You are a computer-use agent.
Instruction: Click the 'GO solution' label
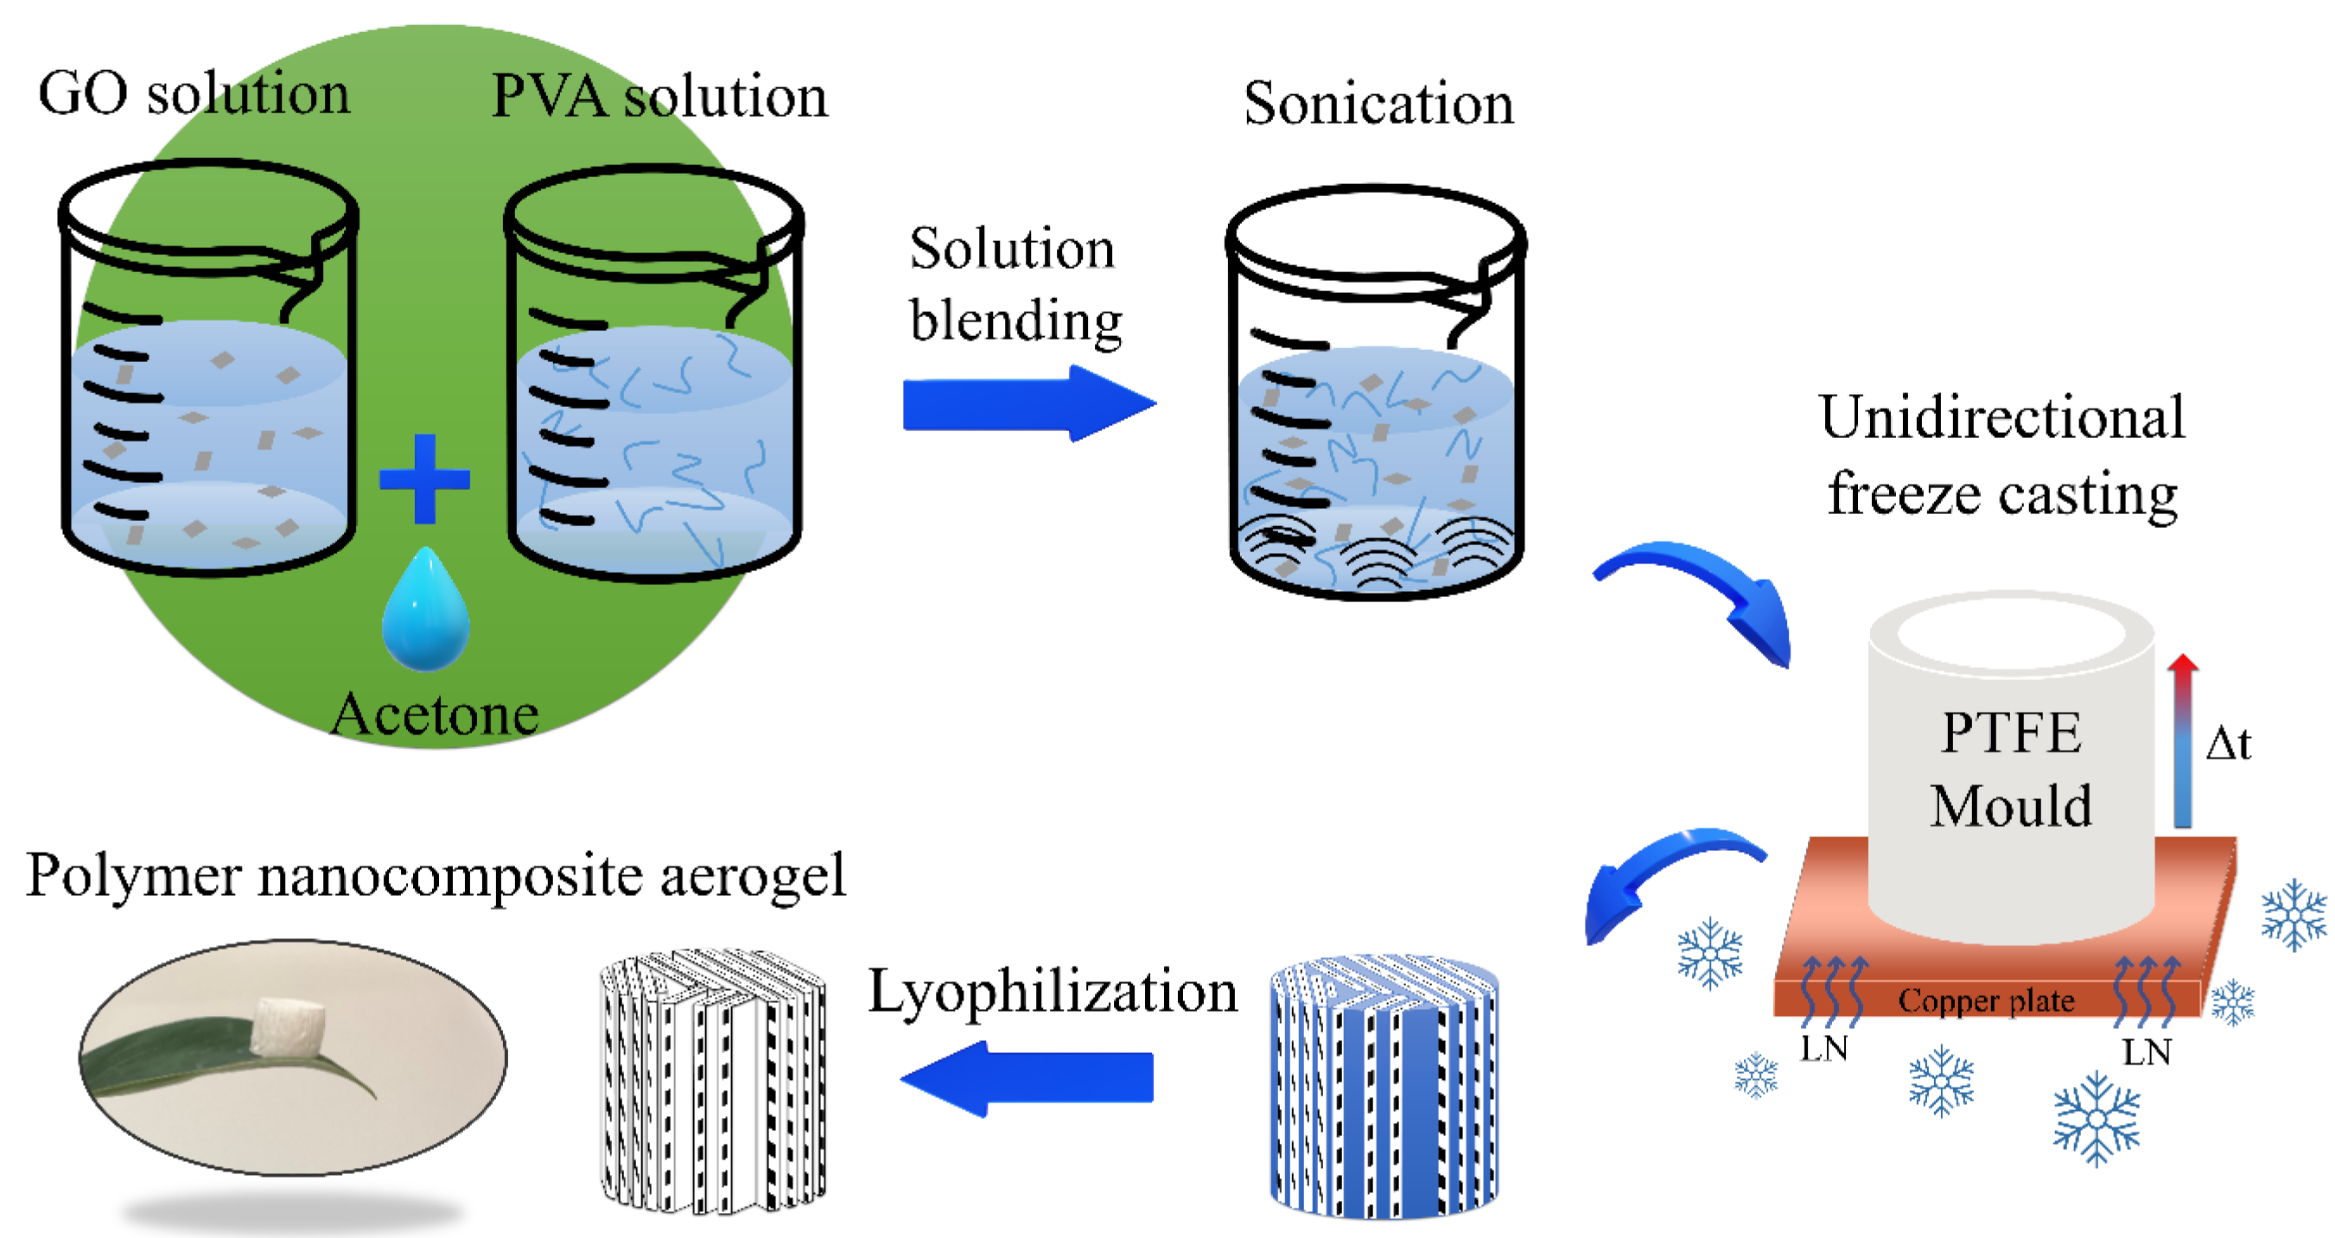[193, 93]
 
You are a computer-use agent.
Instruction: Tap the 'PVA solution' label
[659, 96]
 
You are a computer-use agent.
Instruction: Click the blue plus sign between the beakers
[424, 479]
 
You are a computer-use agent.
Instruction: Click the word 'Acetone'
[435, 715]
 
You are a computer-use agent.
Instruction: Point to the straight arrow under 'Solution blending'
[1029, 404]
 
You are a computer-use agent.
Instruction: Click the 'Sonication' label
[1377, 104]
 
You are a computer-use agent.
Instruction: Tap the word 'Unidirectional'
[2001, 418]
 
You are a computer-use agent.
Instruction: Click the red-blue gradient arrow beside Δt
[2183, 740]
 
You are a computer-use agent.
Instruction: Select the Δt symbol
[2227, 743]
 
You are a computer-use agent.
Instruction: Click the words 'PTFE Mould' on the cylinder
[2010, 769]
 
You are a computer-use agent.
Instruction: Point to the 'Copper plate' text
[1985, 1000]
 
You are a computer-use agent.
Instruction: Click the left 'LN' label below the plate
[1823, 1049]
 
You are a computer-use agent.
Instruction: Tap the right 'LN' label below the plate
[2147, 1052]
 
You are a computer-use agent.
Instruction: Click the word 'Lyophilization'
[1053, 992]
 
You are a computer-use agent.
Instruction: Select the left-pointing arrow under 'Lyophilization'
[1027, 1077]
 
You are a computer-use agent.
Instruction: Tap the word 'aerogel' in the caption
[752, 876]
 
